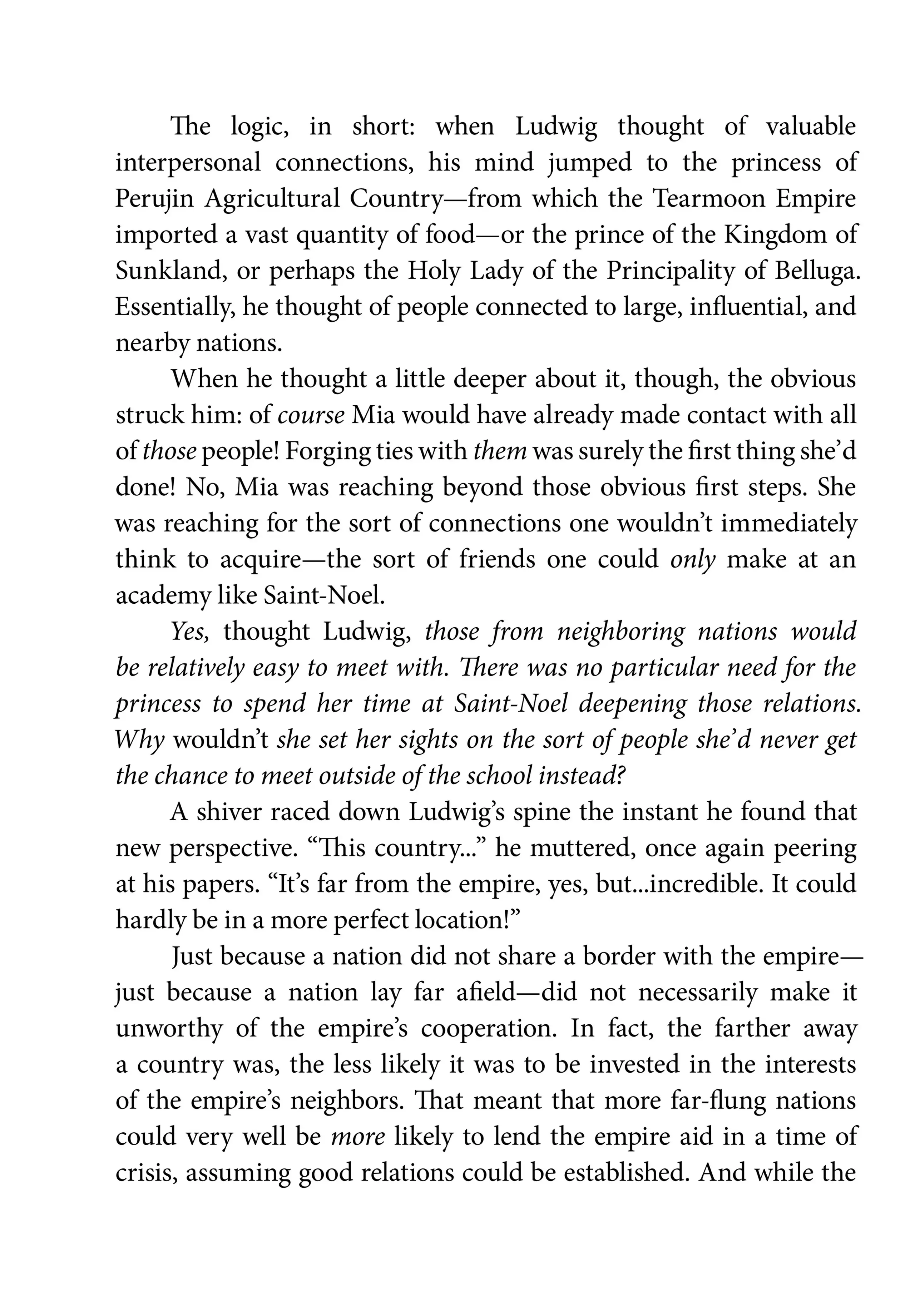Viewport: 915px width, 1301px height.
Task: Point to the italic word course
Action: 311,415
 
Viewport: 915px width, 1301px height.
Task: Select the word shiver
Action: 228,812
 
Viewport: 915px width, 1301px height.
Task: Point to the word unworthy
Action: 169,1029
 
